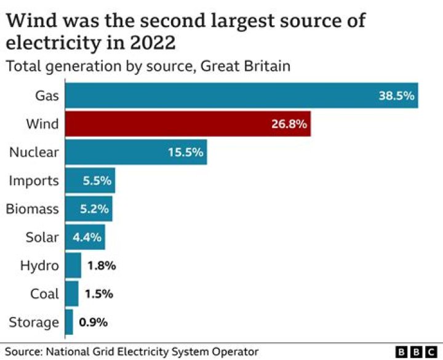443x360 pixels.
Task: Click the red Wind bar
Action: [x=188, y=124]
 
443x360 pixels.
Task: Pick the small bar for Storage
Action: [x=69, y=322]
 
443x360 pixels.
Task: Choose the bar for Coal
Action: [x=71, y=294]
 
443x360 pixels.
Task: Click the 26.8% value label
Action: [x=289, y=124]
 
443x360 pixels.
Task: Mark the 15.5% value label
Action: [x=185, y=153]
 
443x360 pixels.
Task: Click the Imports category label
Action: [x=34, y=181]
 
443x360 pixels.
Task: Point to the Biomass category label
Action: [x=33, y=209]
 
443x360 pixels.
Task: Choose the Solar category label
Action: [x=42, y=238]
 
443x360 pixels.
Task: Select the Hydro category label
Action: [x=39, y=266]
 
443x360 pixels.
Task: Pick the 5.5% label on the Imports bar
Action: [x=97, y=181]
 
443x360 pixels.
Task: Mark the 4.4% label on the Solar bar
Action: [x=87, y=238]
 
